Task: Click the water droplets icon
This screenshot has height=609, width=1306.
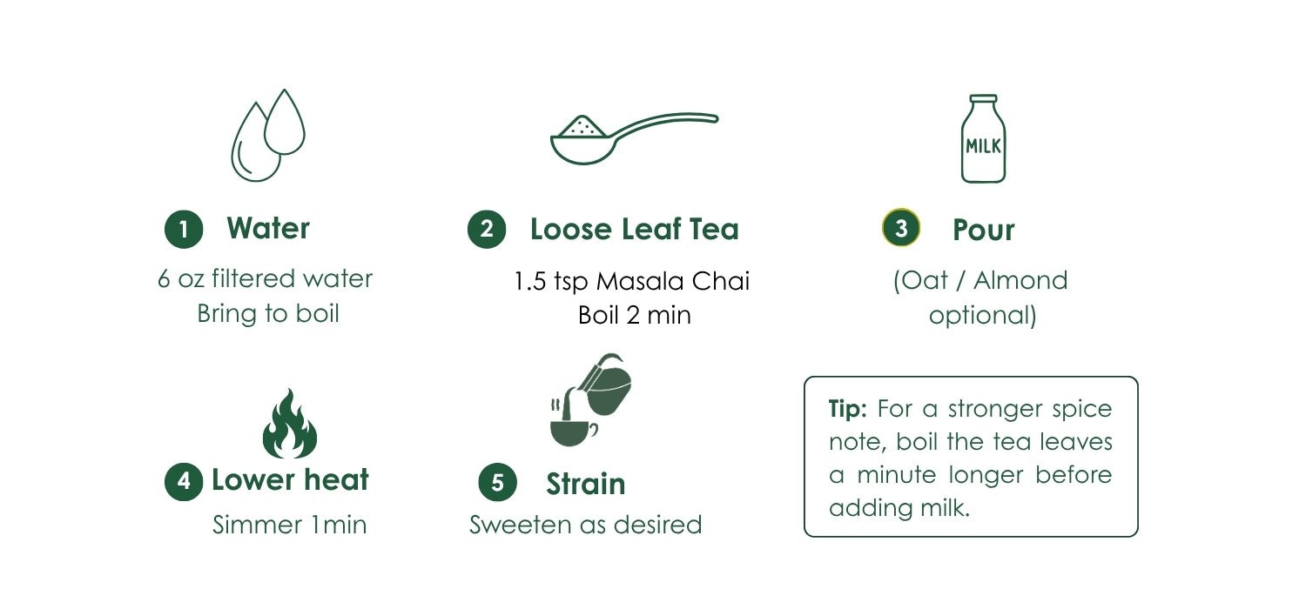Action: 267,135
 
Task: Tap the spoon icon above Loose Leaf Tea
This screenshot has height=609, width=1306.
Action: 635,138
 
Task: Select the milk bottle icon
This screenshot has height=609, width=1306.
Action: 983,138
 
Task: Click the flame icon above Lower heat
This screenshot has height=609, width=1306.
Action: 289,424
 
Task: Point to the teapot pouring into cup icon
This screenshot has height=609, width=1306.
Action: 590,400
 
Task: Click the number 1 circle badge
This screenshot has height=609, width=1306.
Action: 184,229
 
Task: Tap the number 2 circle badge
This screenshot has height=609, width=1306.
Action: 487,229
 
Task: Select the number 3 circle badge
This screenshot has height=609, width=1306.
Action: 901,227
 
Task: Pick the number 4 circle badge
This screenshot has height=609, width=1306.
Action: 184,481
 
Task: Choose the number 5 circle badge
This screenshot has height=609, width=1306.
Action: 497,483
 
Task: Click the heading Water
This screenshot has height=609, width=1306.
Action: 268,228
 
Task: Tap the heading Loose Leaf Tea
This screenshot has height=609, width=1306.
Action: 635,229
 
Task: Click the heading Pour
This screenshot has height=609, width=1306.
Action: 984,230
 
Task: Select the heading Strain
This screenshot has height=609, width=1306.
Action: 585,484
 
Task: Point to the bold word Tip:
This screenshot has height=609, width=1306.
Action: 848,409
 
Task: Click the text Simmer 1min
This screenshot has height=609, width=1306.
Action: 289,525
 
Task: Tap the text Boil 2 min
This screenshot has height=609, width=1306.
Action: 635,315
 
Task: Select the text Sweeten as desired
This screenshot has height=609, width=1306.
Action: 585,525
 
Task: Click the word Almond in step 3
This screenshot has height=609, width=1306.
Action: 1021,280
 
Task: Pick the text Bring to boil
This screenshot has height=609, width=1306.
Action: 268,313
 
